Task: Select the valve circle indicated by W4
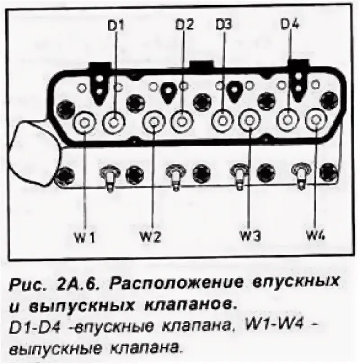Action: (315, 120)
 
